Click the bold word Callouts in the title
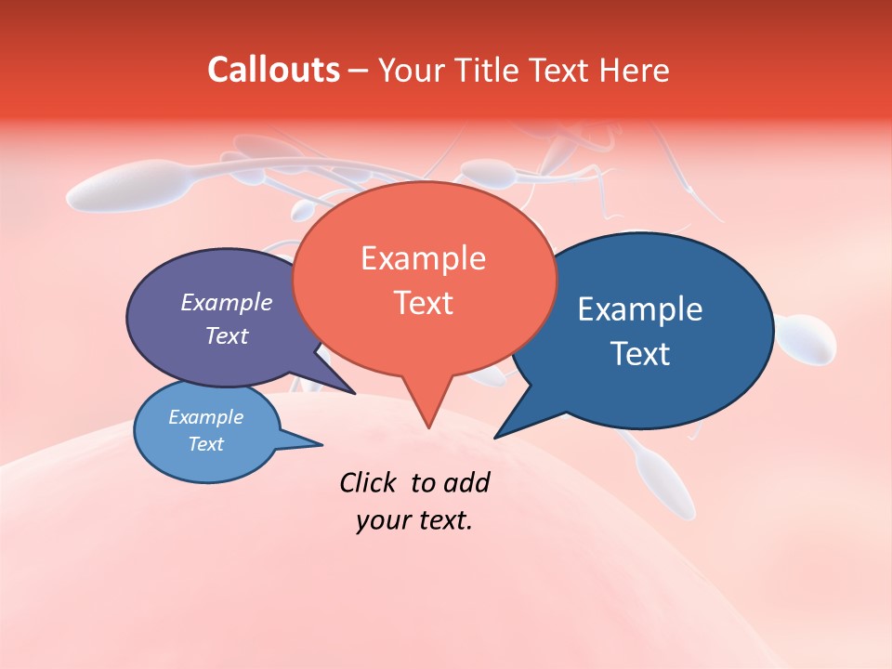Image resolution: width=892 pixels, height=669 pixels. click(x=273, y=70)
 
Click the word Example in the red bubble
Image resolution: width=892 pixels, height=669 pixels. click(x=423, y=257)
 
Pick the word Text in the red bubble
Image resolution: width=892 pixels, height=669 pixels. click(x=423, y=303)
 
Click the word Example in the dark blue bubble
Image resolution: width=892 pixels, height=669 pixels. click(x=640, y=309)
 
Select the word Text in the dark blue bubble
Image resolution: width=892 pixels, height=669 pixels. click(x=640, y=354)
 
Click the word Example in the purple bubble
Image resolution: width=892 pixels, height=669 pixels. click(x=227, y=302)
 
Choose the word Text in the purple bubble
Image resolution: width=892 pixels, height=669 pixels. click(x=227, y=335)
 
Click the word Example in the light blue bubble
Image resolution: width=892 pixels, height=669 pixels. click(x=205, y=417)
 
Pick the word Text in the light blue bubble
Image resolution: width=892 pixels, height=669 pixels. click(x=205, y=444)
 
